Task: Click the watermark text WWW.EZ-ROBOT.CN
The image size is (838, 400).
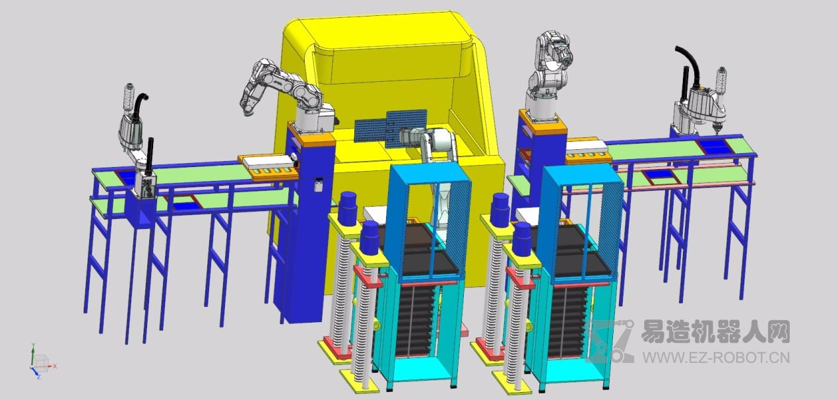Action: coord(716,357)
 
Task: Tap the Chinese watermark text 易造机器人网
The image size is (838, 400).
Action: coord(715,332)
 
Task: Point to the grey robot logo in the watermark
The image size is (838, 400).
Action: coord(610,341)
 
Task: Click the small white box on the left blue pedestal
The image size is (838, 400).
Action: coord(318,185)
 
